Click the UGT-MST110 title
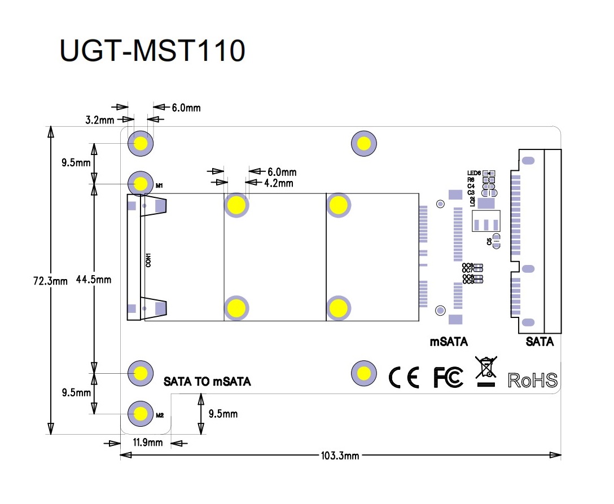pyautogui.click(x=152, y=51)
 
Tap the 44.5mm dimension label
pyautogui.click(x=94, y=280)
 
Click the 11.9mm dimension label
pyautogui.click(x=147, y=443)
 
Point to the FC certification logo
pyautogui.click(x=448, y=377)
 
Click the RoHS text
pyautogui.click(x=533, y=380)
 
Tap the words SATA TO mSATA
pyautogui.click(x=207, y=382)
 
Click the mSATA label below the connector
pyautogui.click(x=449, y=342)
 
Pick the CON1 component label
pyautogui.click(x=148, y=260)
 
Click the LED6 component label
pyautogui.click(x=473, y=173)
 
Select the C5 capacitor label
pyautogui.click(x=489, y=241)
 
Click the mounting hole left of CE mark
pyautogui.click(x=363, y=373)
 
